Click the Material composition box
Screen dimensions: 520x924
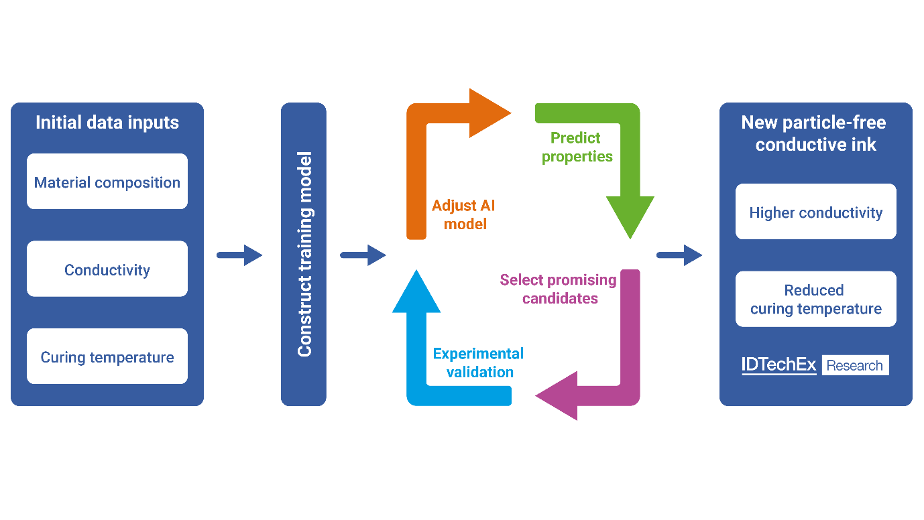point(107,182)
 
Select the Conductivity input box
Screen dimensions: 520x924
point(107,269)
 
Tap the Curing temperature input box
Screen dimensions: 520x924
point(107,356)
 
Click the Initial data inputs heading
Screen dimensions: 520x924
point(107,123)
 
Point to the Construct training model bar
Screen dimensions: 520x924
point(304,255)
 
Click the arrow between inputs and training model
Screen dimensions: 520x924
point(239,255)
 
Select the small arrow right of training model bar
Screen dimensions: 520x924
point(363,255)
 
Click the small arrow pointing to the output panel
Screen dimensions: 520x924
point(679,255)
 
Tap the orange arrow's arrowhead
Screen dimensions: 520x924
point(488,113)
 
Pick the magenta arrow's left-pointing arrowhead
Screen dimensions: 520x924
point(559,395)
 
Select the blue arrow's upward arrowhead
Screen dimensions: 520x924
point(416,292)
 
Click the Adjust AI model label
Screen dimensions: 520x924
point(465,214)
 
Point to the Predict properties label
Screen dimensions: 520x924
point(577,147)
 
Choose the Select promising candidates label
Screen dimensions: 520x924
point(559,289)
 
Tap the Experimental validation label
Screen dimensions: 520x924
point(479,363)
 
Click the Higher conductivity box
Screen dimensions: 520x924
point(815,212)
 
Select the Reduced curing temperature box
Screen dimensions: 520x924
point(815,299)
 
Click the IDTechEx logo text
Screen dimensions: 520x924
point(778,365)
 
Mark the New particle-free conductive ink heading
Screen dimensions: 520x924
point(815,133)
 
